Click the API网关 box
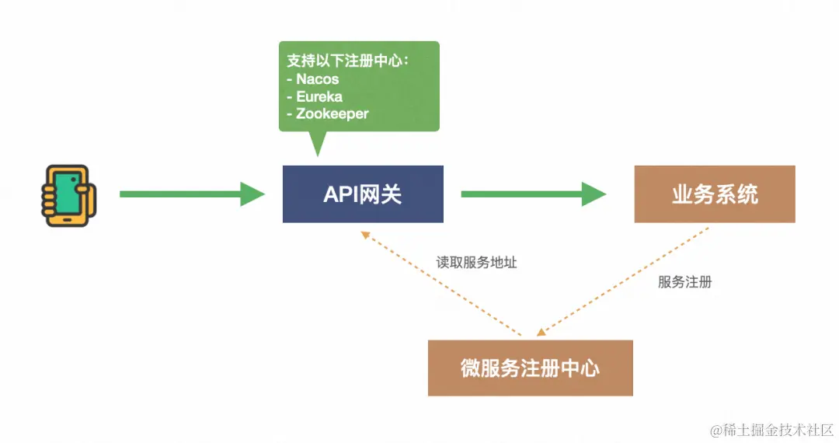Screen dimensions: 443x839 [x=363, y=194]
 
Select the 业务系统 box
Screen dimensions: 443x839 [x=714, y=194]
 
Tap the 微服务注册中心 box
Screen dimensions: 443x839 [x=530, y=368]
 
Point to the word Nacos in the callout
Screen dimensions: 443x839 [x=317, y=79]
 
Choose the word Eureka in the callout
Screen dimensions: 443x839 [x=319, y=96]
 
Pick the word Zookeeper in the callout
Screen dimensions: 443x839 [x=332, y=113]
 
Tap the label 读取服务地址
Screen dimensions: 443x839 [x=476, y=263]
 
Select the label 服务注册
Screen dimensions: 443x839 [x=684, y=282]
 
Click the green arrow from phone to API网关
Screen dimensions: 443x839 [x=190, y=194]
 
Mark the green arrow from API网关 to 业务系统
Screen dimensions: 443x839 [x=532, y=194]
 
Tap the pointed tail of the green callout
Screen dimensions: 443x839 [x=317, y=144]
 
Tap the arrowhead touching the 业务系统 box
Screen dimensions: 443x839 [x=594, y=194]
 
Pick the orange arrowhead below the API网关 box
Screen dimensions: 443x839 [x=364, y=235]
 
